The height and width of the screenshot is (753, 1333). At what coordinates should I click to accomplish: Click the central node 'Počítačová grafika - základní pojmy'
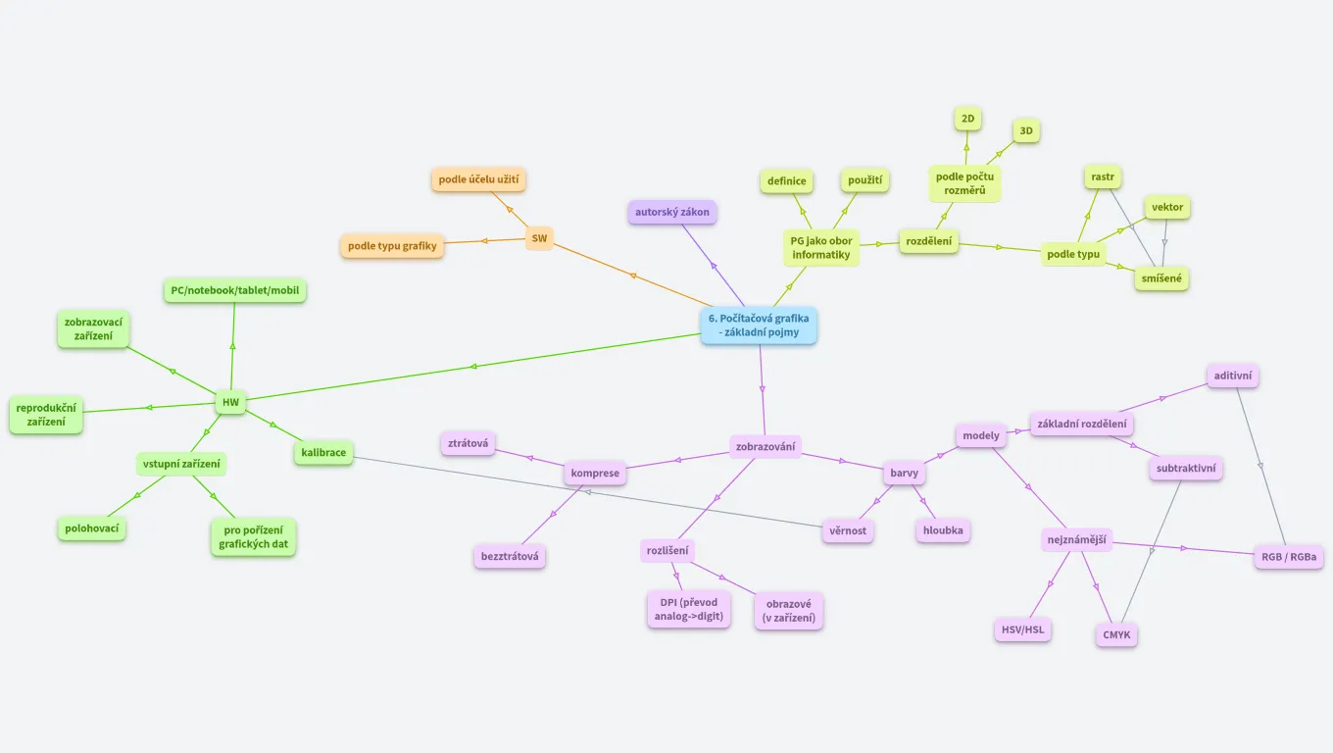click(x=759, y=326)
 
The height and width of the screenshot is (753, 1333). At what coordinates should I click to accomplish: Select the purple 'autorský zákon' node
click(x=672, y=212)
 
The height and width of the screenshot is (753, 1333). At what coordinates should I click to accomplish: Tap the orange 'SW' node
click(x=539, y=238)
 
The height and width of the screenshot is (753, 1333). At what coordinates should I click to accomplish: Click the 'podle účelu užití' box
click(x=479, y=179)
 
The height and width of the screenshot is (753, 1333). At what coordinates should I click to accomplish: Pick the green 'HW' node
click(x=230, y=402)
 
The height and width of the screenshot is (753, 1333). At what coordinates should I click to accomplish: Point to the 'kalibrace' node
click(x=323, y=453)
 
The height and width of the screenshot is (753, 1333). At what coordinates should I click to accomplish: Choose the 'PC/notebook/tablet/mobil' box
click(x=235, y=290)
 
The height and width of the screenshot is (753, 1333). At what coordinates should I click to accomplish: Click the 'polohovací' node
click(x=91, y=528)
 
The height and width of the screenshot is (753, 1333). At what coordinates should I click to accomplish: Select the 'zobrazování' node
click(x=766, y=447)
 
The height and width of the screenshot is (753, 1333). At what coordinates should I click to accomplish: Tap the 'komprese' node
click(x=596, y=474)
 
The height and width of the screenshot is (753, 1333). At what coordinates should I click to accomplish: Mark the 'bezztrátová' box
click(x=510, y=557)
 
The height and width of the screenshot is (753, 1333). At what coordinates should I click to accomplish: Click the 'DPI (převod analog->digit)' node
click(x=689, y=609)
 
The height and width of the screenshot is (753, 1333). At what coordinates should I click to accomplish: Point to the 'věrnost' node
click(x=848, y=531)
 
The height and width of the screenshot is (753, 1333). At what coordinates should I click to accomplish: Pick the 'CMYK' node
click(x=1116, y=635)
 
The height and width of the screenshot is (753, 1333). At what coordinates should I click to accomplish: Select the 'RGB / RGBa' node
click(x=1289, y=558)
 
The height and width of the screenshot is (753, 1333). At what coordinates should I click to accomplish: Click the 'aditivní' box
click(x=1233, y=376)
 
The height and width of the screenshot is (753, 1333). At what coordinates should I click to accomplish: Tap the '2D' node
click(x=968, y=119)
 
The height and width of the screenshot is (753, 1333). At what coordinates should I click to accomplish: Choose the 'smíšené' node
click(x=1161, y=278)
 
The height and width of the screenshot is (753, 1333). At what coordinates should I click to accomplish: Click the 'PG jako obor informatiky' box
click(x=821, y=248)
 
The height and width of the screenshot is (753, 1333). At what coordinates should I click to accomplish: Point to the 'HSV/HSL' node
click(x=1022, y=629)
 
